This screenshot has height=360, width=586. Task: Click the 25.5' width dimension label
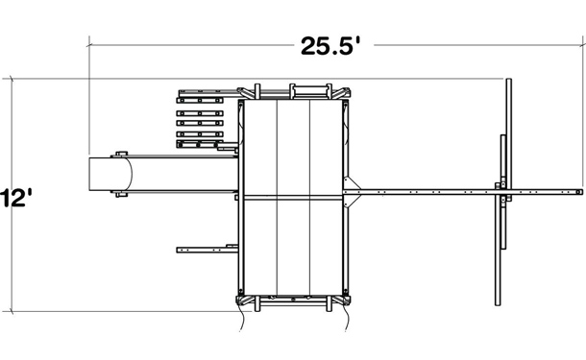331,46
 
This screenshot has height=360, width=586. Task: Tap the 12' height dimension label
16,198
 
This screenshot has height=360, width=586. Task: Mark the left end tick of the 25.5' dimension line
89,45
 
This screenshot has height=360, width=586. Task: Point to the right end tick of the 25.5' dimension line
582,45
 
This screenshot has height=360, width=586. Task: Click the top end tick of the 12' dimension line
12,79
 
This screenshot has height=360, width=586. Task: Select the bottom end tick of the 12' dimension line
12,311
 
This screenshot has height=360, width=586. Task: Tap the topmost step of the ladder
200,100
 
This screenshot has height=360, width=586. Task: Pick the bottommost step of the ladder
200,144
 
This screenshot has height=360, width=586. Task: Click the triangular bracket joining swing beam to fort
352,192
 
